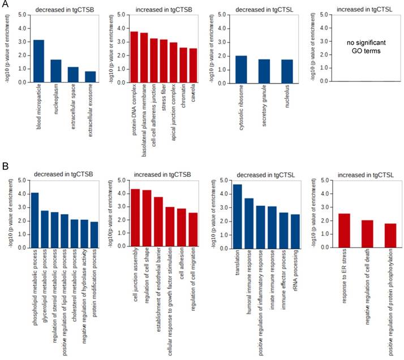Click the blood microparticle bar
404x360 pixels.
[x=38, y=61]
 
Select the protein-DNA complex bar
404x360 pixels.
[x=134, y=57]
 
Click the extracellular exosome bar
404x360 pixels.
[x=91, y=77]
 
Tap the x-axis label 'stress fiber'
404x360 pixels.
[x=164, y=102]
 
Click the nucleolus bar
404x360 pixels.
[x=287, y=71]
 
